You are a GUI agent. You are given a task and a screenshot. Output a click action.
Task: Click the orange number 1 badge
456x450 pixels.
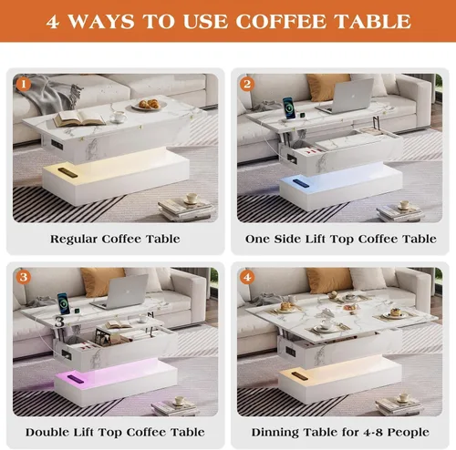(24, 84)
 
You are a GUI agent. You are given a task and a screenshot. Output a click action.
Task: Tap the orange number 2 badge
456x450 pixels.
(247, 84)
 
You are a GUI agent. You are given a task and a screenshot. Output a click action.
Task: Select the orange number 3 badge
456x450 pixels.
(24, 277)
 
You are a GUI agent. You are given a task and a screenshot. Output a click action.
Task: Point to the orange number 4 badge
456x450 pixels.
(247, 277)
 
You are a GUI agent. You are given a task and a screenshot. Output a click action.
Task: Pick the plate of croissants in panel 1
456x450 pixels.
(150, 105)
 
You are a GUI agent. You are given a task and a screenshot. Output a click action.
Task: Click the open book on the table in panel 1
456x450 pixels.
(79, 118)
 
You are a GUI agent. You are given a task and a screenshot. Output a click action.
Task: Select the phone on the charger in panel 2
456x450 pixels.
(288, 108)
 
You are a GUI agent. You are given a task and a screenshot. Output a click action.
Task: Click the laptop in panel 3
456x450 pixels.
(121, 292)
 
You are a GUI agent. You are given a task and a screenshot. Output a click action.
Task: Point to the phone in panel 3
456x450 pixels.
(63, 303)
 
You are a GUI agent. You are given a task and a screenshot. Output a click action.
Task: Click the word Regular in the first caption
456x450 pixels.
(74, 240)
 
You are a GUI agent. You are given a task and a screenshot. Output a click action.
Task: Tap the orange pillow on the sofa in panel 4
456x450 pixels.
(329, 281)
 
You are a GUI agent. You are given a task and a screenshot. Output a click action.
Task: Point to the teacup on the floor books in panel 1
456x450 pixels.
(191, 199)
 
